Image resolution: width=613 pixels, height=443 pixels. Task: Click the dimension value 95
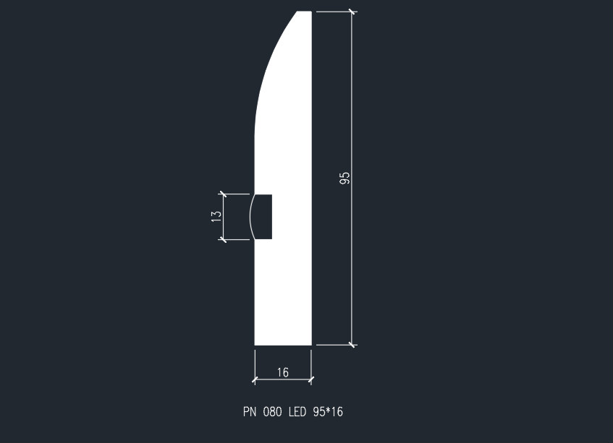click(x=345, y=178)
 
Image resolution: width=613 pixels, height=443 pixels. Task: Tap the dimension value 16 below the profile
click(x=282, y=373)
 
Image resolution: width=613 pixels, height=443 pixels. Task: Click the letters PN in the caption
click(x=250, y=413)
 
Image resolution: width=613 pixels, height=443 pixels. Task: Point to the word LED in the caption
click(x=297, y=413)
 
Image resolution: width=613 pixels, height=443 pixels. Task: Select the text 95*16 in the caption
click(x=328, y=413)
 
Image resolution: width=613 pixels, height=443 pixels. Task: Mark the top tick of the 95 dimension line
click(x=352, y=12)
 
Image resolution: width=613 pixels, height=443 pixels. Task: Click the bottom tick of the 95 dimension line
click(x=352, y=345)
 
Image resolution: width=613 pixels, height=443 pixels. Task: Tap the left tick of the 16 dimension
click(x=255, y=379)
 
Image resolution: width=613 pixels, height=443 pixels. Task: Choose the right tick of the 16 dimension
click(x=311, y=379)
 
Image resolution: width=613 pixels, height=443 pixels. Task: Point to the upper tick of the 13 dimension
click(x=223, y=194)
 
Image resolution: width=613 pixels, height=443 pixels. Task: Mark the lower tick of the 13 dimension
click(x=223, y=239)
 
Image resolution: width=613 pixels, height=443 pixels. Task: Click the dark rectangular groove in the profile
click(x=263, y=217)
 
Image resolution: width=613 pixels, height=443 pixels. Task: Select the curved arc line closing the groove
click(x=250, y=217)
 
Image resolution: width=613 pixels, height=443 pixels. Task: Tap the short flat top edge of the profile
click(x=305, y=12)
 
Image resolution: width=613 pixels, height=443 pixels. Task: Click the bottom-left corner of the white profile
click(x=255, y=345)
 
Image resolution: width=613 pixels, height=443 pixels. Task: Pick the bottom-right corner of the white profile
click(x=310, y=345)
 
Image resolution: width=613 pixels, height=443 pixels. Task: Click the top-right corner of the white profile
click(x=310, y=12)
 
